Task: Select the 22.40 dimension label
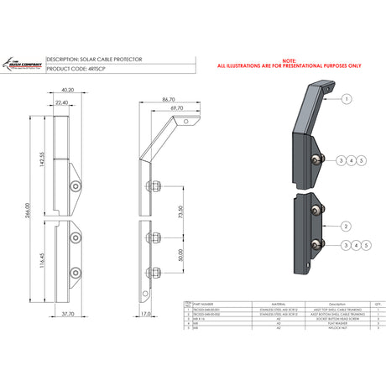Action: [62, 102]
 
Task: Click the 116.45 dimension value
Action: [39, 259]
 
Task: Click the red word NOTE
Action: [289, 60]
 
